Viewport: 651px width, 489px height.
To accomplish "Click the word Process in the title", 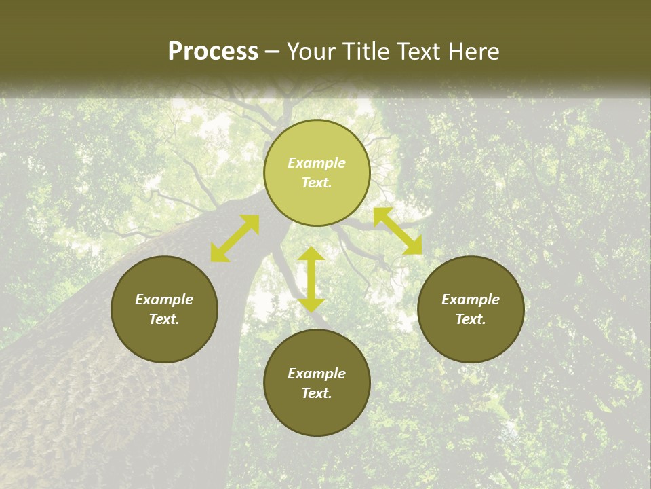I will click(213, 52).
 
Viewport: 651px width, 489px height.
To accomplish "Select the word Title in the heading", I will click(367, 52).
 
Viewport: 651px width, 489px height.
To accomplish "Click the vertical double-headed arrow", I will click(311, 279).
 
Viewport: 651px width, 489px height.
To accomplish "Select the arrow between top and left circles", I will click(235, 238).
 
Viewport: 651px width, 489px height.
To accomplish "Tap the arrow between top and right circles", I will click(398, 231).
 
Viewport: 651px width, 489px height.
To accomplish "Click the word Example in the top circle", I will click(317, 163).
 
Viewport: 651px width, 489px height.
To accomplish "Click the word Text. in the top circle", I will click(317, 183).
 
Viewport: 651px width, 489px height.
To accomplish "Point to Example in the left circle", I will click(164, 300).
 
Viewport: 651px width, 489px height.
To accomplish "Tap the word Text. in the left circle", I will click(164, 319).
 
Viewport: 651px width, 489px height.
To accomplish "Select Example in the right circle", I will click(471, 300).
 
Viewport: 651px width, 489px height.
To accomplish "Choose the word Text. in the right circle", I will click(471, 319).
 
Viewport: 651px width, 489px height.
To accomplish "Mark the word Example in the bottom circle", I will click(317, 374).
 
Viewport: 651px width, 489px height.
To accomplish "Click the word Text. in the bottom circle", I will click(317, 393).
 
